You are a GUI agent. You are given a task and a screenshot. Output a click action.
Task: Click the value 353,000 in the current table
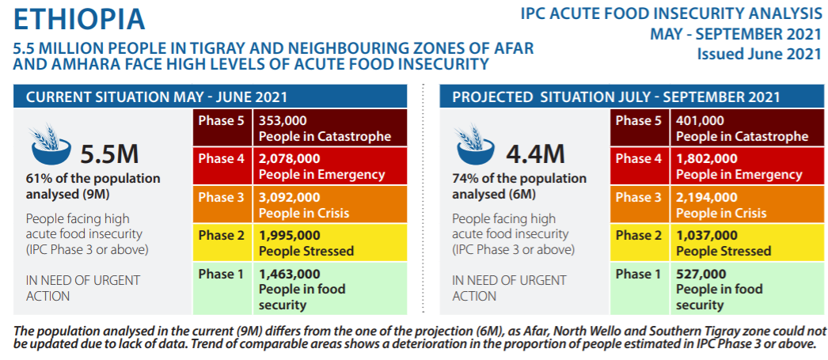click(283, 121)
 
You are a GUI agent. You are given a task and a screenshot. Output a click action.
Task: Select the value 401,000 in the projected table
click(700, 121)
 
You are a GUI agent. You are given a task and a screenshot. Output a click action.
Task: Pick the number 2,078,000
click(289, 159)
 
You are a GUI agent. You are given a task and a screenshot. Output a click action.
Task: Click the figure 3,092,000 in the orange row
click(289, 197)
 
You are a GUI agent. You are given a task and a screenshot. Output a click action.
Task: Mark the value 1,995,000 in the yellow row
click(289, 235)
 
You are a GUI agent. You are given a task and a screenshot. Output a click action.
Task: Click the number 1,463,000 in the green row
click(289, 274)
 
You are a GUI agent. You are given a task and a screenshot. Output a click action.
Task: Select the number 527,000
click(700, 274)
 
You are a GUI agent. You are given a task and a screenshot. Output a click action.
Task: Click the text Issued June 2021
click(759, 54)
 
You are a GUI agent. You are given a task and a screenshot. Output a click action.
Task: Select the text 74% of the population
click(519, 179)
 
